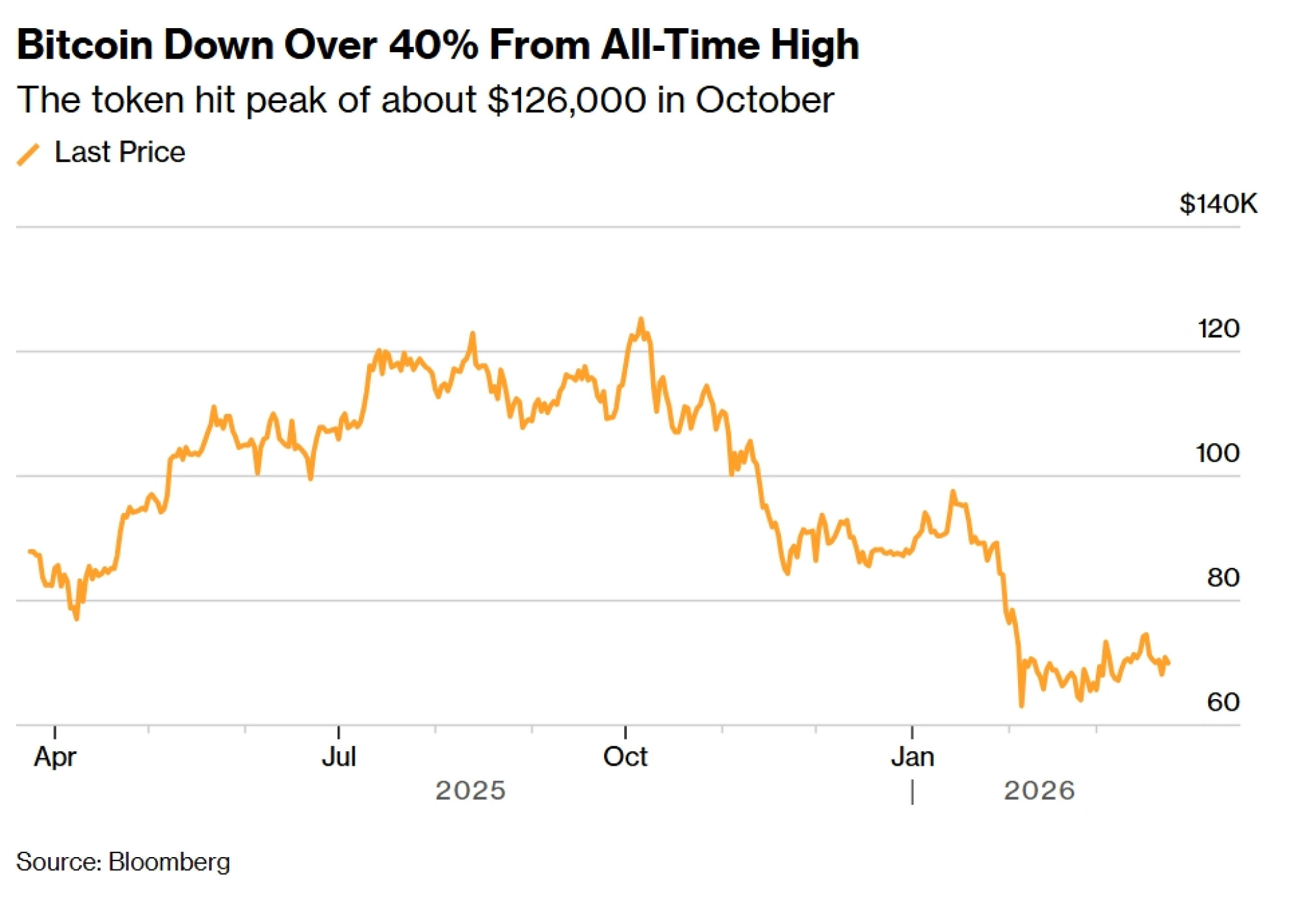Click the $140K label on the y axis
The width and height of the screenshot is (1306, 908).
tap(1218, 204)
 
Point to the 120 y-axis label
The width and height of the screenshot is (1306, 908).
tap(1218, 328)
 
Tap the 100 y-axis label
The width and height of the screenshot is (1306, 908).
tap(1217, 453)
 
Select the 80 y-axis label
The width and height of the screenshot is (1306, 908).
tap(1223, 578)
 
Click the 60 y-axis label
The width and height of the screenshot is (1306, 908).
tap(1223, 702)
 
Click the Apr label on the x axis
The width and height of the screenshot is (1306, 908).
tap(55, 757)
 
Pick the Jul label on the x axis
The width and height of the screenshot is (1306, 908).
tap(339, 757)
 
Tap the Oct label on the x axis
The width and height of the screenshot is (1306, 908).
tap(625, 757)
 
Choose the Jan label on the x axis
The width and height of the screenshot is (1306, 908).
tap(912, 757)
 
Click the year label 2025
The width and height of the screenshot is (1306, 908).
tap(471, 791)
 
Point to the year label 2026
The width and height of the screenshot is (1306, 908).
tap(1039, 791)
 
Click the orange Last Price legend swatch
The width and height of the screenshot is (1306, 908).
tap(28, 154)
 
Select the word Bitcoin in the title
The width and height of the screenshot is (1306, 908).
tap(84, 45)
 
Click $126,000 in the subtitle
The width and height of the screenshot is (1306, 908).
tap(567, 100)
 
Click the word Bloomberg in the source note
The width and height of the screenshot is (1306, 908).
tap(169, 862)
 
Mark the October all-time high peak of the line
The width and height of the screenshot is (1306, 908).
tap(641, 319)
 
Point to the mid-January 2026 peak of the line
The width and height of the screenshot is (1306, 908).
tap(953, 492)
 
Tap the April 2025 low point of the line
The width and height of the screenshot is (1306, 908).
tap(76, 618)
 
